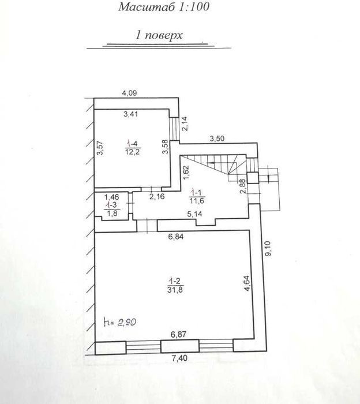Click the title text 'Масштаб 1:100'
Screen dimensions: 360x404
click(164, 7)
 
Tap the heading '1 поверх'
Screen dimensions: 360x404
click(159, 35)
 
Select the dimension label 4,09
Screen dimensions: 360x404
click(129, 93)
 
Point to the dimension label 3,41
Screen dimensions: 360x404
click(131, 114)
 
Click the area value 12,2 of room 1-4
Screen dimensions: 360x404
click(133, 152)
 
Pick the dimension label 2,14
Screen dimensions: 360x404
click(185, 124)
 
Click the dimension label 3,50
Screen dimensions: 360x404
click(217, 139)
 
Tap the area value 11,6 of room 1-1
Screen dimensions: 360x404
click(197, 200)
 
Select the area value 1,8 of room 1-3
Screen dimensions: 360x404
click(112, 214)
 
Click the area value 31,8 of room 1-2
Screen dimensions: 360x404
click(175, 290)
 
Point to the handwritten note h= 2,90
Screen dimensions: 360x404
click(120, 322)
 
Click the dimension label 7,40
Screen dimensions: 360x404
click(179, 358)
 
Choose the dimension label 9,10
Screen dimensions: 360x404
click(268, 249)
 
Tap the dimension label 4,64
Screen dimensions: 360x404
click(247, 283)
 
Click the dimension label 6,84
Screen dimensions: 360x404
click(176, 236)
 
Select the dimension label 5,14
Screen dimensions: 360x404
click(194, 214)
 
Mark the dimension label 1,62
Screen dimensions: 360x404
click(186, 173)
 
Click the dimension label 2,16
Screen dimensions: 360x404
click(157, 197)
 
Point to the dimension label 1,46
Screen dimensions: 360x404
click(111, 197)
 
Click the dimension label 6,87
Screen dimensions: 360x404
click(178, 334)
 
